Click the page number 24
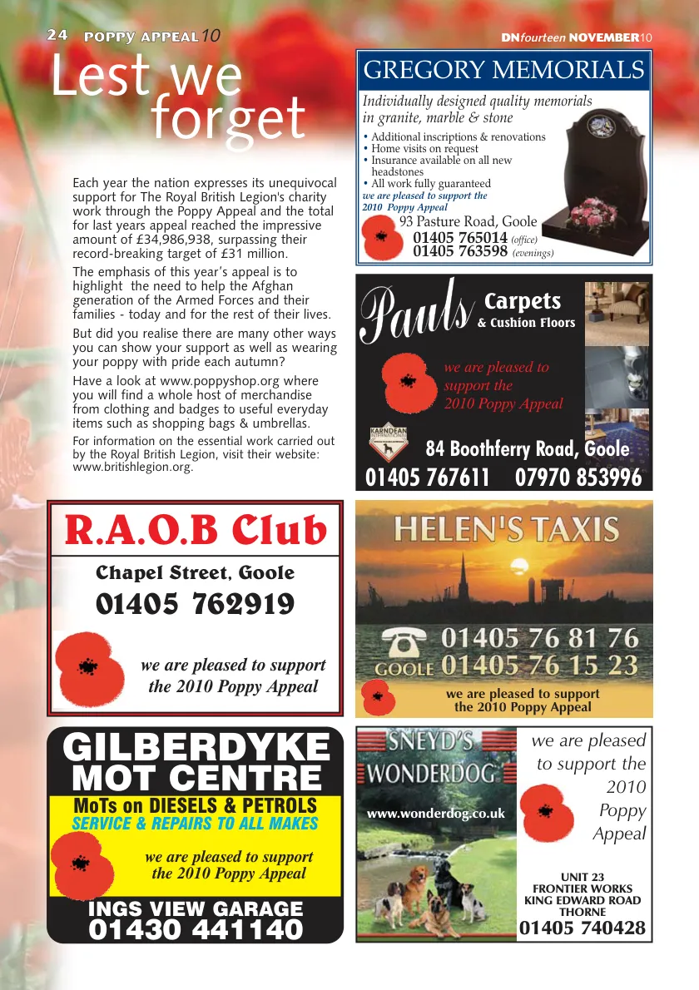click(x=57, y=35)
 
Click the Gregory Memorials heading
click(x=503, y=70)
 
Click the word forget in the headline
click(x=229, y=118)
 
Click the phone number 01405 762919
click(x=196, y=605)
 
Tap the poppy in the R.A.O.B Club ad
click(x=90, y=666)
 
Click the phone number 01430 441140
click(x=196, y=929)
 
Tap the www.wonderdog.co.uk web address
click(x=436, y=814)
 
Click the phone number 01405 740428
click(x=582, y=928)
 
